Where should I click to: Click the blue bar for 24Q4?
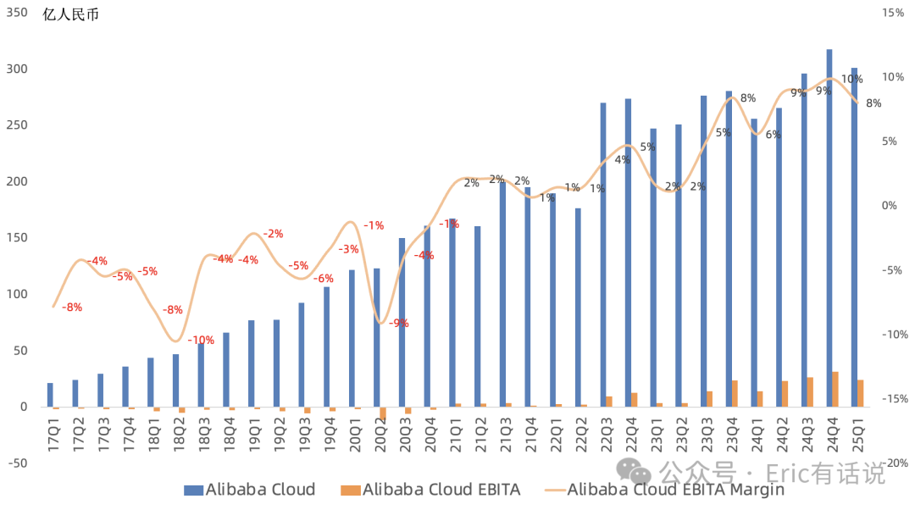829,228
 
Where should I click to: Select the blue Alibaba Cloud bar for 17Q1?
50,395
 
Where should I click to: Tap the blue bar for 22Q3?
603,255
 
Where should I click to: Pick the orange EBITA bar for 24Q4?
835,389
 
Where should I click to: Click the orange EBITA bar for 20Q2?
383,413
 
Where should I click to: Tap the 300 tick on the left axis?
17,69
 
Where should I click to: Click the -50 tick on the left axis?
17,463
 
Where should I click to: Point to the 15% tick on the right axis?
893,13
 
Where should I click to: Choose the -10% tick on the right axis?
895,335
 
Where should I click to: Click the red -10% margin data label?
201,341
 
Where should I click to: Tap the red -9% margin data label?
398,324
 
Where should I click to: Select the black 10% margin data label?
851,80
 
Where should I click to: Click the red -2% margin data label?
273,234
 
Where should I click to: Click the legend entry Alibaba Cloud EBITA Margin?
665,490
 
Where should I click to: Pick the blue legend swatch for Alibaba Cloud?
193,491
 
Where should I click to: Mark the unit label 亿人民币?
70,14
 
